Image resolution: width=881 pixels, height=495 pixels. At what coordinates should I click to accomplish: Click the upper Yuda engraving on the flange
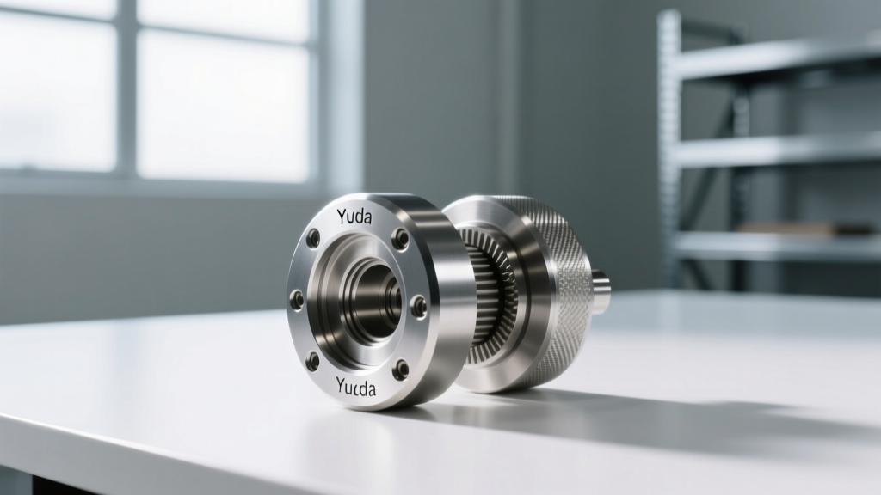coord(354,216)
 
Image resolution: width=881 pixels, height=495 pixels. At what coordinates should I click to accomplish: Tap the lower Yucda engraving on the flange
coord(356,387)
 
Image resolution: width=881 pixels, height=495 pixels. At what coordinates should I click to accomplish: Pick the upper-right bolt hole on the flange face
coord(401,238)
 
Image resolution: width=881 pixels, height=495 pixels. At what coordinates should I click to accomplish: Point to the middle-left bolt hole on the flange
coord(296,296)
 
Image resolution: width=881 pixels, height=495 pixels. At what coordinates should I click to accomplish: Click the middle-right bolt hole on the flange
coord(419,306)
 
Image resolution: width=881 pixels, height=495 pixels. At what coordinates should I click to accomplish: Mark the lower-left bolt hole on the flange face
coord(313,361)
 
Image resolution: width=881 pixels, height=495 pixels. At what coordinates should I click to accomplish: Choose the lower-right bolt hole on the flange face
coord(401,369)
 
